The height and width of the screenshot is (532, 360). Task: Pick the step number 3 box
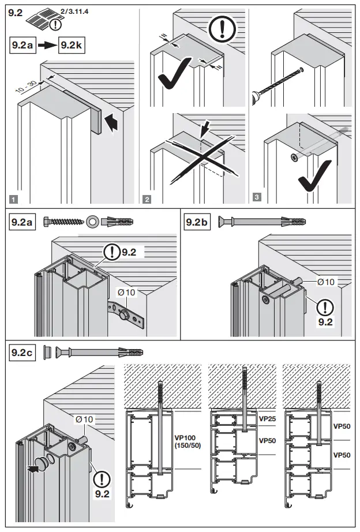[x=257, y=198]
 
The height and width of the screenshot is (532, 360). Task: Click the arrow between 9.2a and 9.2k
[x=45, y=44]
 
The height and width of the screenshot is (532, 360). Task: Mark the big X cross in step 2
[x=196, y=156]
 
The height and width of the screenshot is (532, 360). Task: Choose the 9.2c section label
[x=22, y=351]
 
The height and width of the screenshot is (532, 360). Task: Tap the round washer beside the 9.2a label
[x=92, y=221]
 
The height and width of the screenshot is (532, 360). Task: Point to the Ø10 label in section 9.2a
[x=126, y=293]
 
